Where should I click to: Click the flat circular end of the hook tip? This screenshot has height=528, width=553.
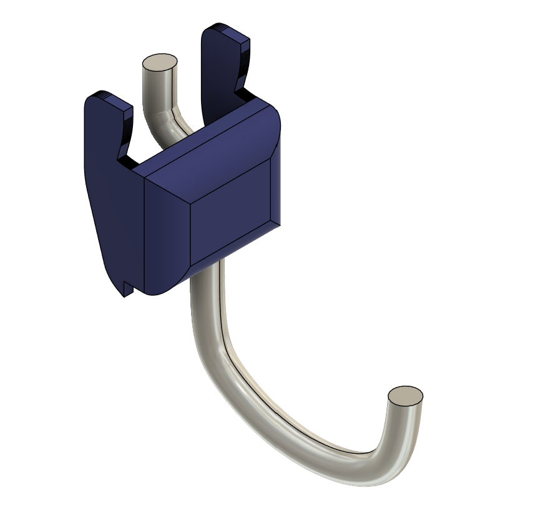point(405,395)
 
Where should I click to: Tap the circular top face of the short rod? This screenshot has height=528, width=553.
point(160,62)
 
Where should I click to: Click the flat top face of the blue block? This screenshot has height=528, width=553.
point(206,144)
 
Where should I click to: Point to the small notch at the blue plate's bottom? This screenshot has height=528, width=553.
point(129,288)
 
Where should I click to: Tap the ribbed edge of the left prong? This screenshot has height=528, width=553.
point(128,125)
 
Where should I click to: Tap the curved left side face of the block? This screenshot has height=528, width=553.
point(165,237)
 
